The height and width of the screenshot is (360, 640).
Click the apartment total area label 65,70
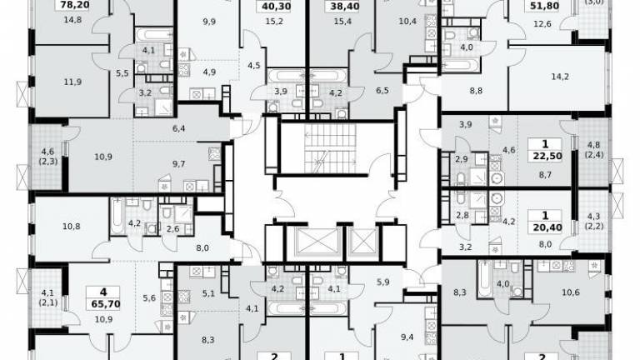[x=103, y=304]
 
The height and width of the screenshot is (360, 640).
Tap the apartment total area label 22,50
[x=547, y=157]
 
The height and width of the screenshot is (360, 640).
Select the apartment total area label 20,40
[x=547, y=227]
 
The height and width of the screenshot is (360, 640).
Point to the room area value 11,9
[x=72, y=82]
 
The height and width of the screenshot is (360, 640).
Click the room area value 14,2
[x=560, y=77]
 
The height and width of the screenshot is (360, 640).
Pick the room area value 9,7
[x=179, y=164]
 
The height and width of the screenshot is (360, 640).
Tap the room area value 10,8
[x=72, y=226]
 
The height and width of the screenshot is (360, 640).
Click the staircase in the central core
[x=330, y=148]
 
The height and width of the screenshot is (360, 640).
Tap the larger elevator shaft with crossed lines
[x=317, y=242]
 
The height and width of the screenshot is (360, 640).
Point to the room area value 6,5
[x=382, y=91]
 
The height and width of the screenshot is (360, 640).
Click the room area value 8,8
[x=476, y=91]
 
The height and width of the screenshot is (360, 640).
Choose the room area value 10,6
[x=571, y=292]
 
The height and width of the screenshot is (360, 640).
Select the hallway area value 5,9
[x=382, y=282]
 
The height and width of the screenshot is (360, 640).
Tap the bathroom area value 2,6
[x=172, y=229]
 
